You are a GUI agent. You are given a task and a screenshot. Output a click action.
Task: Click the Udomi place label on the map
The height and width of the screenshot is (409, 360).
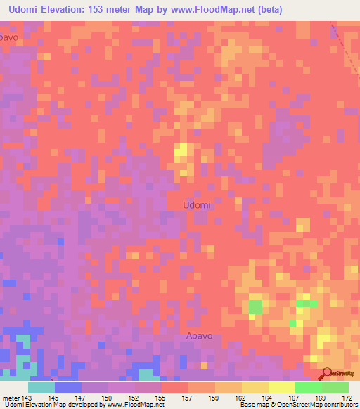click(x=197, y=205)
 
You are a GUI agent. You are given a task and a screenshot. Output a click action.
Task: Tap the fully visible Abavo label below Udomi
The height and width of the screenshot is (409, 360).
click(x=200, y=336)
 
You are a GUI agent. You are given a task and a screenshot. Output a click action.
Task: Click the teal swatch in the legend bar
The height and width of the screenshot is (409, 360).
click(x=41, y=387)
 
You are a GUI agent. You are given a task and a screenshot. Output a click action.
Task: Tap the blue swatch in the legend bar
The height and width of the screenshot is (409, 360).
click(x=68, y=387)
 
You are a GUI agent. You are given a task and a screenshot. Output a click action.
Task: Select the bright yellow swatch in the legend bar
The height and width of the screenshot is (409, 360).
click(x=282, y=387)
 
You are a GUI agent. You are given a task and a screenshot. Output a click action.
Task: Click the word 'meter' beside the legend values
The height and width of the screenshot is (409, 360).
click(x=11, y=397)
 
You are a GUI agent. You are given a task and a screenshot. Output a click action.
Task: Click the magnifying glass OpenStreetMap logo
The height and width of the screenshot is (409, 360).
click(x=328, y=373)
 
